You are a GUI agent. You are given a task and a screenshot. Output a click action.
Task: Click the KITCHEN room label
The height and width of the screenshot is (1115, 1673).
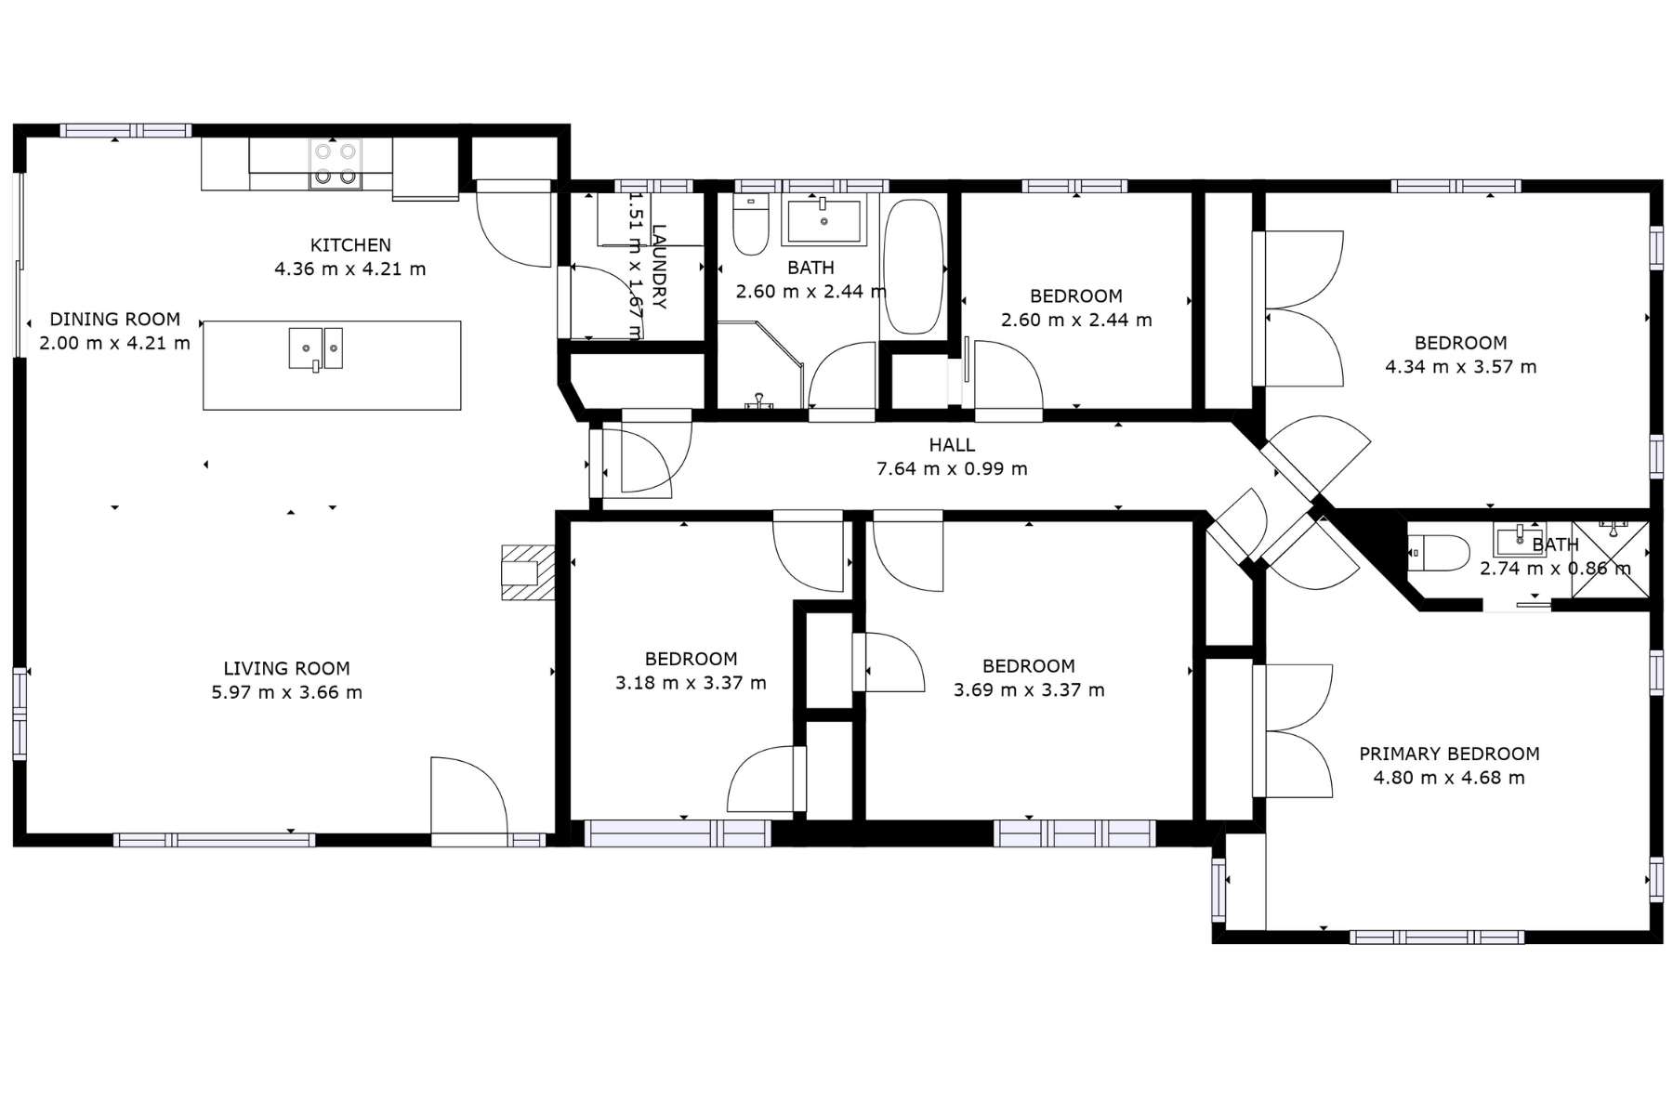coord(350,245)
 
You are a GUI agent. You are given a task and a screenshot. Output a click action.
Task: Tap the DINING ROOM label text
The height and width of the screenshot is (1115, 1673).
coord(115,319)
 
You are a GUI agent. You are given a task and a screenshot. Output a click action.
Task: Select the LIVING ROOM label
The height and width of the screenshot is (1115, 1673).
coord(286,668)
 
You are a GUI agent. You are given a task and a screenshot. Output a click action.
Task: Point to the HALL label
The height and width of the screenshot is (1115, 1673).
coord(952,445)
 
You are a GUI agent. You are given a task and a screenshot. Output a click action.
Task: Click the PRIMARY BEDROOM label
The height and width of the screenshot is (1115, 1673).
coord(1449,754)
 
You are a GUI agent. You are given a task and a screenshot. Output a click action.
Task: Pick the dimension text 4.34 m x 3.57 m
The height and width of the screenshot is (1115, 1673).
coord(1460,367)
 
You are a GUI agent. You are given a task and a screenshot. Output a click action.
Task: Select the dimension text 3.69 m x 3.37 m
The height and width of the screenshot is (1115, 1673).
coord(1029,690)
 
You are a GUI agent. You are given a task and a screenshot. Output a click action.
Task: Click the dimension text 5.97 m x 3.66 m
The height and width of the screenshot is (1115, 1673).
coord(286,692)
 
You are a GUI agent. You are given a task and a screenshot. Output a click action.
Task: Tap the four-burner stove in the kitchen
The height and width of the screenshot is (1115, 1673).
coord(336,164)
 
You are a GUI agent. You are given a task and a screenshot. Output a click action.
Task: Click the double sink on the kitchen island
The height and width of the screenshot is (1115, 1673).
coord(315,348)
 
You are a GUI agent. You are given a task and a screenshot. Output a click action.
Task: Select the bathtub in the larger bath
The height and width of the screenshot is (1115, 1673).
coord(913,267)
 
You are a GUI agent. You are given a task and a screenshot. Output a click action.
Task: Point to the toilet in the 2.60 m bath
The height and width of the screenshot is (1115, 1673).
coord(750,224)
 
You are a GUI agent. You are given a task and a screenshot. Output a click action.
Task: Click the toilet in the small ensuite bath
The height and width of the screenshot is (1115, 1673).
coord(1438,554)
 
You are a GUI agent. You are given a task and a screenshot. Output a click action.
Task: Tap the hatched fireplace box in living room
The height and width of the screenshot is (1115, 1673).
coord(527,572)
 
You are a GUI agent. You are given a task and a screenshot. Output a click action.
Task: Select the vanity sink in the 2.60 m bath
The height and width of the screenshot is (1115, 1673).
coord(824,219)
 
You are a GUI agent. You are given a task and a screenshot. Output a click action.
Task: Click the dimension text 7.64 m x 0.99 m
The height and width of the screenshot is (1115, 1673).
coord(952,469)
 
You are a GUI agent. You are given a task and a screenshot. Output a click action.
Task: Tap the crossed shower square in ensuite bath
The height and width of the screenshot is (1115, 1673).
coord(1611,559)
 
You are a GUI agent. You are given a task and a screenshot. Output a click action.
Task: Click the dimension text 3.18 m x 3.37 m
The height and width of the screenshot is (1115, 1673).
coord(691,683)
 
